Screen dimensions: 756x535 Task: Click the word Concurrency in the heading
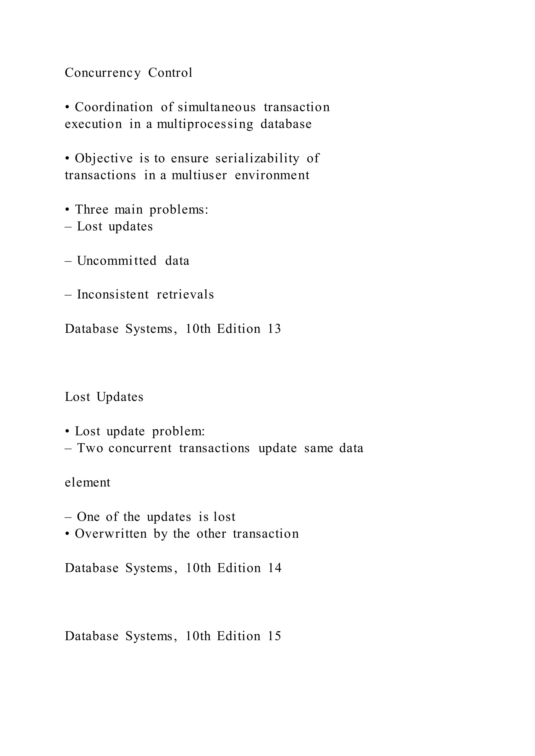(x=102, y=73)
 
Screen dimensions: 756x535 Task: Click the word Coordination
(x=114, y=107)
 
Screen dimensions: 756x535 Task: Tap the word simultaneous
(x=217, y=107)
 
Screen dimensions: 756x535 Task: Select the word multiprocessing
(x=205, y=125)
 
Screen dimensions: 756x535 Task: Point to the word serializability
(x=257, y=158)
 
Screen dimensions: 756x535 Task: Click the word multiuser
(x=199, y=175)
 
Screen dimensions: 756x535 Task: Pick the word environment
(x=272, y=175)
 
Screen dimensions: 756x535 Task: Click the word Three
(x=92, y=209)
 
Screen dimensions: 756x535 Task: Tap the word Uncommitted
(x=117, y=261)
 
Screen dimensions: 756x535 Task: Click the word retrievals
(x=185, y=294)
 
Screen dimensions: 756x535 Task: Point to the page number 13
(x=274, y=329)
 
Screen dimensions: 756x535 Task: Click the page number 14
(x=274, y=568)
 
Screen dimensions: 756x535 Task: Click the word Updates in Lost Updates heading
(x=120, y=397)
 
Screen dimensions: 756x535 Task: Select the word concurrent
(x=140, y=448)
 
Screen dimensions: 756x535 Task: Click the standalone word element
(x=87, y=482)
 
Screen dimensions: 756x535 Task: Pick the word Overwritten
(x=111, y=534)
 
